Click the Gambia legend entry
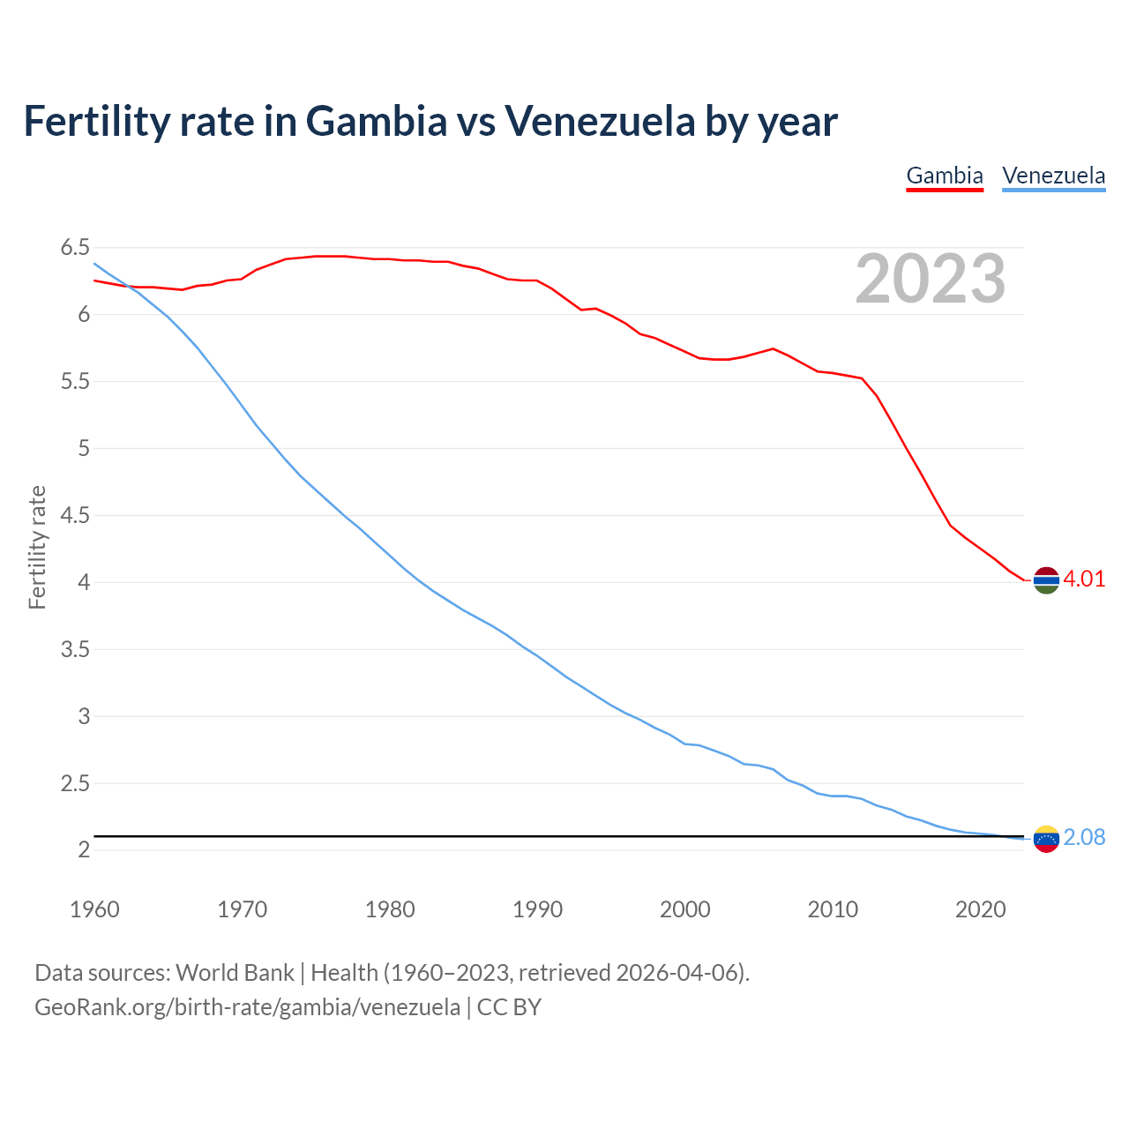click(945, 176)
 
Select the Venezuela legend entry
click(1053, 176)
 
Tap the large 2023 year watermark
click(931, 279)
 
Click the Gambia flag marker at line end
click(1046, 580)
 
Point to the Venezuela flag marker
click(1046, 839)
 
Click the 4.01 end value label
click(1084, 579)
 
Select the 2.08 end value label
click(1084, 838)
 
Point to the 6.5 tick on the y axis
click(76, 248)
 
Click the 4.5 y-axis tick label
click(76, 516)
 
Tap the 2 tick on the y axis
click(84, 850)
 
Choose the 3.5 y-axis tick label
click(76, 650)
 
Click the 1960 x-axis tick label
click(94, 909)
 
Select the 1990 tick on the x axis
click(537, 909)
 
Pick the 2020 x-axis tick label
click(980, 909)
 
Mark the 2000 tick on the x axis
click(685, 909)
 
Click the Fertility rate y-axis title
click(37, 547)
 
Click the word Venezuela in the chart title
click(600, 122)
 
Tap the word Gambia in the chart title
click(377, 122)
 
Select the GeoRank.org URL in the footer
click(247, 1007)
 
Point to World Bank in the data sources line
click(235, 973)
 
